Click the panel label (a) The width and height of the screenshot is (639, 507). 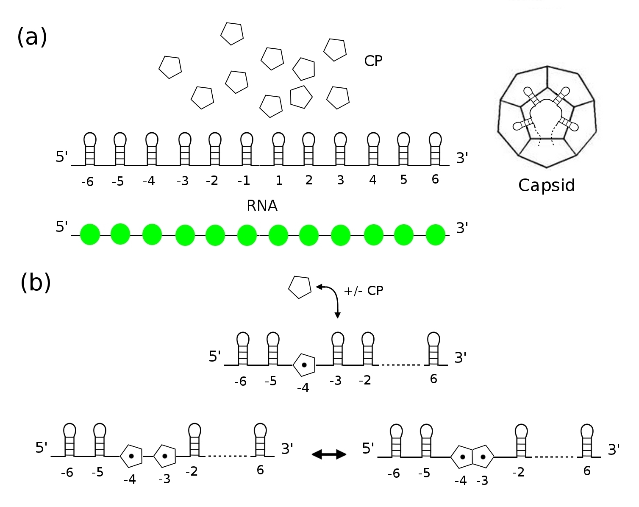(x=32, y=37)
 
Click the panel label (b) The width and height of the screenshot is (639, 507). (x=36, y=283)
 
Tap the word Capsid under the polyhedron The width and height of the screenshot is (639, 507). (x=547, y=185)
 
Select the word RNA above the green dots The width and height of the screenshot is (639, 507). (x=262, y=206)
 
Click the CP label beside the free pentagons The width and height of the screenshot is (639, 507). (x=373, y=61)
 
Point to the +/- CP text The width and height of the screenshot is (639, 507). (x=363, y=291)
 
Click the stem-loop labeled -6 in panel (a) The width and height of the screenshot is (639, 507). (x=90, y=148)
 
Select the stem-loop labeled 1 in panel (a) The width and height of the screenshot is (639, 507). (x=278, y=148)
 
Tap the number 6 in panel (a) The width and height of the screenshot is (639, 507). (x=435, y=179)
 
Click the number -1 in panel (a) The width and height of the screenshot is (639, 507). (x=244, y=181)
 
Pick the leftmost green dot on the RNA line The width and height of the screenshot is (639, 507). (x=90, y=234)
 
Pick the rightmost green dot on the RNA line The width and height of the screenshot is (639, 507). (x=436, y=235)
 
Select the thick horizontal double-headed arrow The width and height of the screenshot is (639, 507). (x=329, y=454)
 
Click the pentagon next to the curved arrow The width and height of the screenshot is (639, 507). (x=300, y=287)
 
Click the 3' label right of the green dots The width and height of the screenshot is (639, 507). (x=462, y=228)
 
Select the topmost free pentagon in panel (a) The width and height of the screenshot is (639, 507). (x=232, y=33)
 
